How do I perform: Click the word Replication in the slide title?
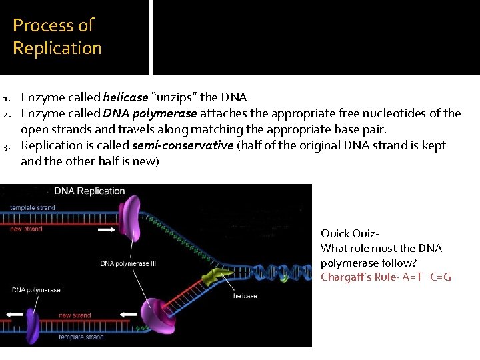point(57,48)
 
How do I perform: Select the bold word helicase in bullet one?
point(125,97)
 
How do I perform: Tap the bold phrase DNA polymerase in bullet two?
point(150,113)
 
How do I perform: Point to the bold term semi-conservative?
point(183,145)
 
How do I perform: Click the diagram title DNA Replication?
point(89,191)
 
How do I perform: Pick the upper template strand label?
point(33,208)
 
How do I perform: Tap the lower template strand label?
point(81,337)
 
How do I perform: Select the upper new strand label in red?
point(27,229)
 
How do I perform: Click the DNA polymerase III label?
point(128,263)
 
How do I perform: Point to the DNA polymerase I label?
point(37,290)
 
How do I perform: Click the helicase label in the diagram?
point(245,296)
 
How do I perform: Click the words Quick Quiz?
point(350,233)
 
